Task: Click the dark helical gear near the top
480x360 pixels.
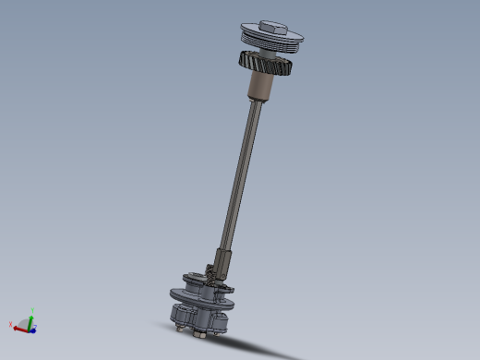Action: pyautogui.click(x=266, y=66)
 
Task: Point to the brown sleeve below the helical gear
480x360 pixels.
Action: pyautogui.click(x=263, y=88)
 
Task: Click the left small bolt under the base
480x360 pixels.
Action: pyautogui.click(x=176, y=324)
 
